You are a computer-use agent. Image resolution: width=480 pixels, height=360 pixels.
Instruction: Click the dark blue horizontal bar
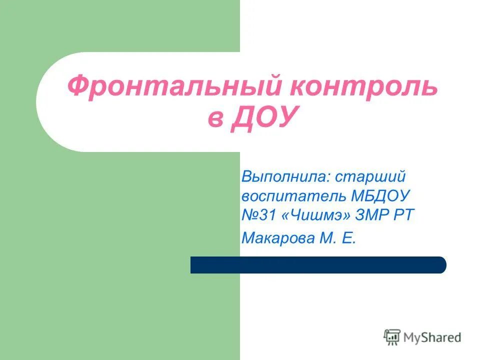click(318, 265)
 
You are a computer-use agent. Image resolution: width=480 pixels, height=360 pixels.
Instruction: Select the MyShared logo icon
click(392, 337)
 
